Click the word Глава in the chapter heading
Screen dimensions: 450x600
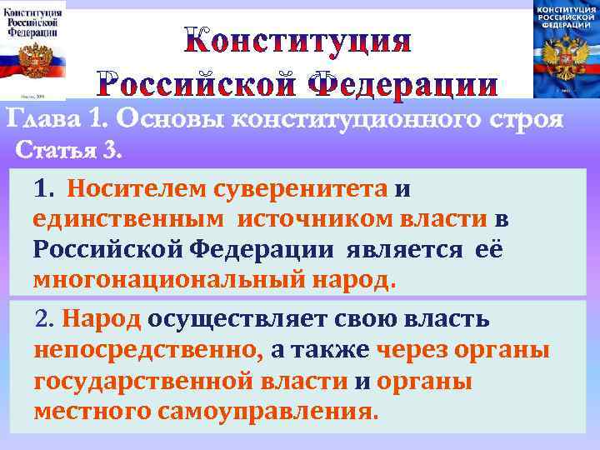coord(41,120)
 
